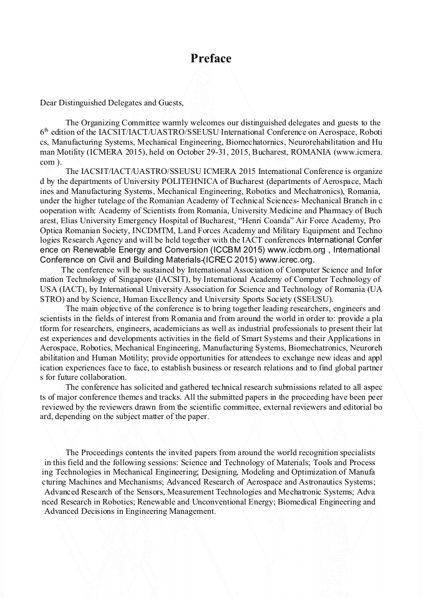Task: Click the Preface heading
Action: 211,59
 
